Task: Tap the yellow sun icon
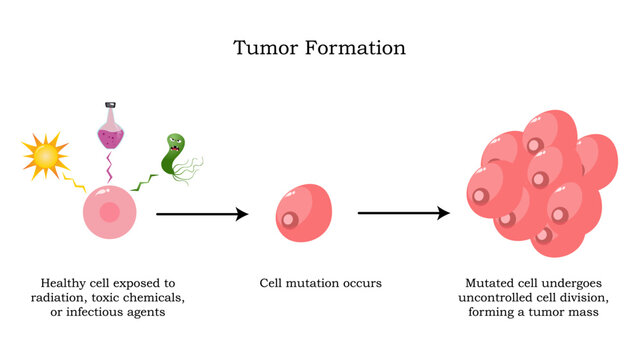click(45, 157)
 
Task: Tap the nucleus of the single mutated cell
click(291, 219)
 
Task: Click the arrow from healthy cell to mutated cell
click(201, 214)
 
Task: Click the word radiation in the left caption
click(62, 298)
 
